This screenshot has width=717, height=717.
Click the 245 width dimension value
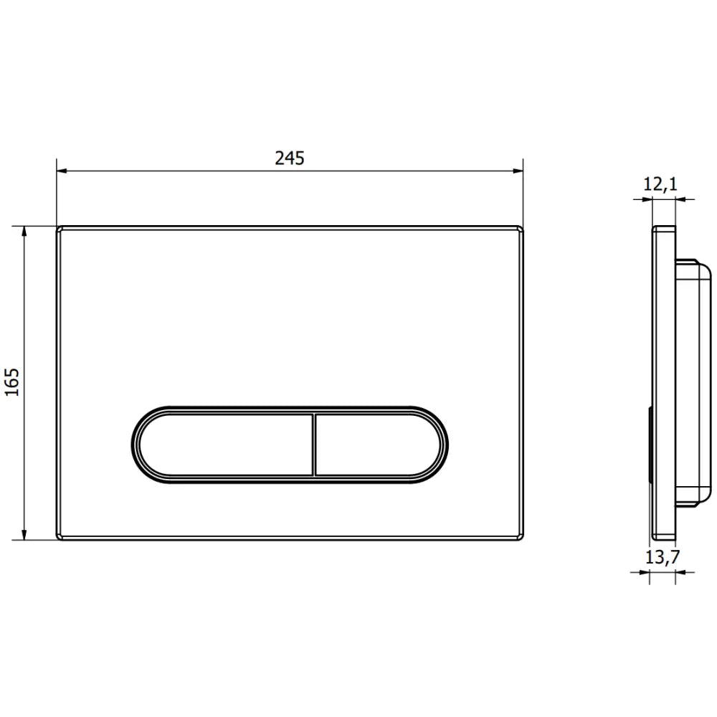[x=290, y=158]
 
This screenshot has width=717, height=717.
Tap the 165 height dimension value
[x=12, y=382]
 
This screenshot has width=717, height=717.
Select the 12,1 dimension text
[x=660, y=184]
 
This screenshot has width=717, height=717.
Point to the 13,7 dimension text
[x=663, y=557]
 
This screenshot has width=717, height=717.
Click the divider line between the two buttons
[x=315, y=445]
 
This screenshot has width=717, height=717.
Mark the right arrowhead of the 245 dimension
[x=518, y=171]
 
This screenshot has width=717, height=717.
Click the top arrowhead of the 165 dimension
[x=24, y=232]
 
